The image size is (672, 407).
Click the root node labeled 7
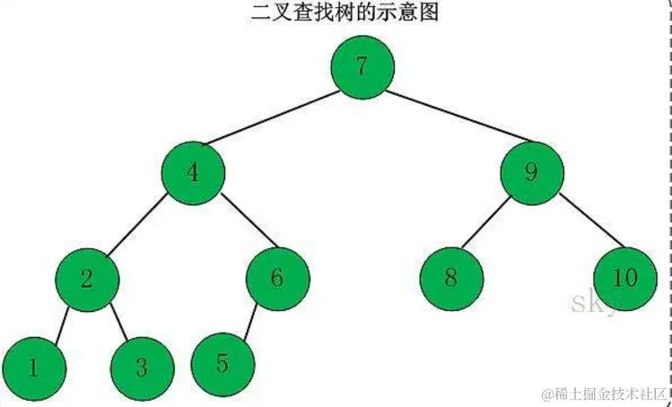coord(362,67)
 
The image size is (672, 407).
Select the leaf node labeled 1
coord(33,368)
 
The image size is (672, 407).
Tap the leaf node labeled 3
coord(142,368)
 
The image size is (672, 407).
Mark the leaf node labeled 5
coord(223,363)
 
